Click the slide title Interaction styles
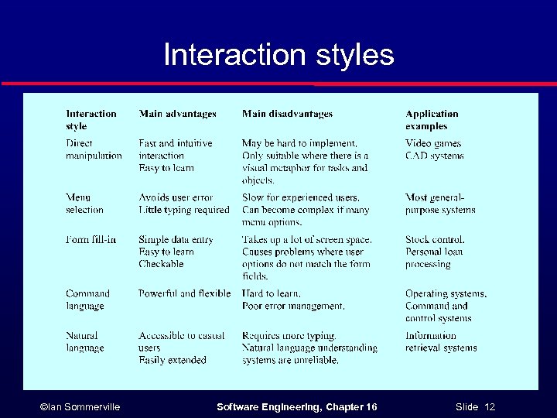(x=278, y=55)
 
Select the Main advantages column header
(x=177, y=114)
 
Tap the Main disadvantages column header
(x=287, y=114)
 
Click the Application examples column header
(x=432, y=120)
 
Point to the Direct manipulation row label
(x=94, y=149)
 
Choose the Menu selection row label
(x=84, y=204)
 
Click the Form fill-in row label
(x=91, y=240)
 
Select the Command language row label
(x=87, y=300)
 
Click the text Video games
(x=433, y=143)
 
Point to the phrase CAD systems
(x=435, y=156)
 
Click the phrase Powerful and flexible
(x=185, y=293)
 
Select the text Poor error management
(x=293, y=306)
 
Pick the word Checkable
(x=161, y=264)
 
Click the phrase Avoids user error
(x=176, y=197)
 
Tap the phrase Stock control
(x=435, y=240)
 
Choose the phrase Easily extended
(x=173, y=360)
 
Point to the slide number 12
(x=490, y=407)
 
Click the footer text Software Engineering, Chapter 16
(x=297, y=407)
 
